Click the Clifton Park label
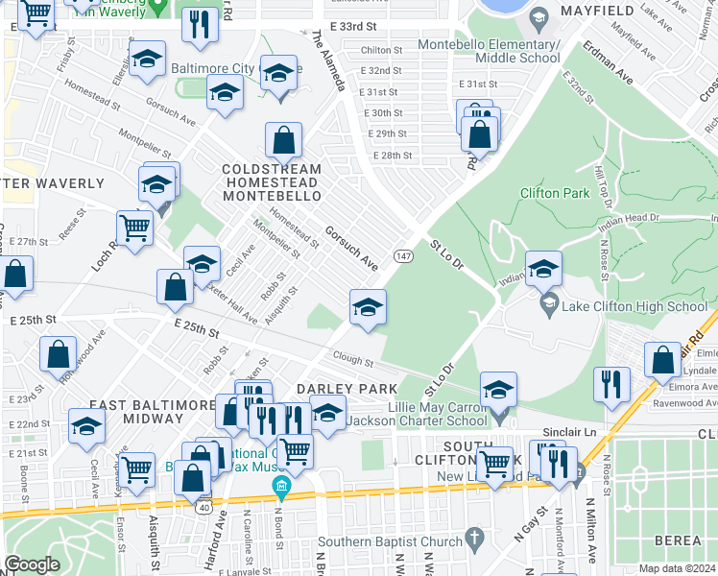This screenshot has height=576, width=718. (554, 193)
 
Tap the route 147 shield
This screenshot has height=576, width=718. (403, 256)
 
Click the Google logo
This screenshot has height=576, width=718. (32, 564)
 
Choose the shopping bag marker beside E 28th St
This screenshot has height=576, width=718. (479, 133)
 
